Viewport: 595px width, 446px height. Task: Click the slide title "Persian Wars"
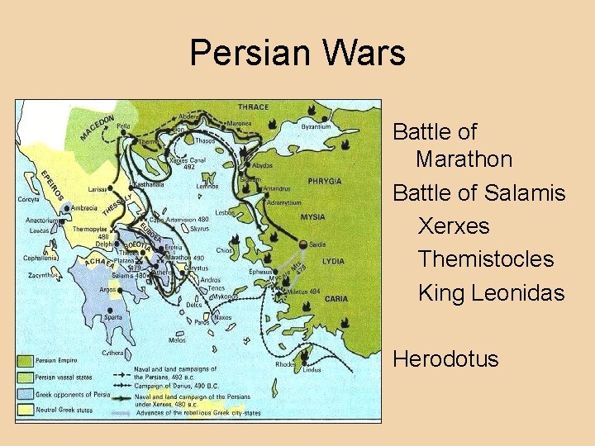297,53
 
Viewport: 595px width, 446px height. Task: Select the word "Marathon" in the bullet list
464,159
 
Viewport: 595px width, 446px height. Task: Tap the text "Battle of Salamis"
479,193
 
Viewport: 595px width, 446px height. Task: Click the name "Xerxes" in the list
454,226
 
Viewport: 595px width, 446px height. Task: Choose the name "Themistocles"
486,259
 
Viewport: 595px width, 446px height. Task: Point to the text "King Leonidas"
492,292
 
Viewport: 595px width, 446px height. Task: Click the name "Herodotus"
446,359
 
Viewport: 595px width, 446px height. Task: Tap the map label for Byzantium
316,126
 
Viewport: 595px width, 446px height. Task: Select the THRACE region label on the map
253,107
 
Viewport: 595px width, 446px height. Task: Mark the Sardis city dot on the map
304,244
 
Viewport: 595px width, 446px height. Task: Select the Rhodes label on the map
284,363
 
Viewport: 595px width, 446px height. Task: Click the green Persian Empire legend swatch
26,360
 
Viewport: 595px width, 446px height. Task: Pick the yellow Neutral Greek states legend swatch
26,409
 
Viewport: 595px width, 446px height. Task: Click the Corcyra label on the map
30,199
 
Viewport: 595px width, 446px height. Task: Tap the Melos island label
177,339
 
